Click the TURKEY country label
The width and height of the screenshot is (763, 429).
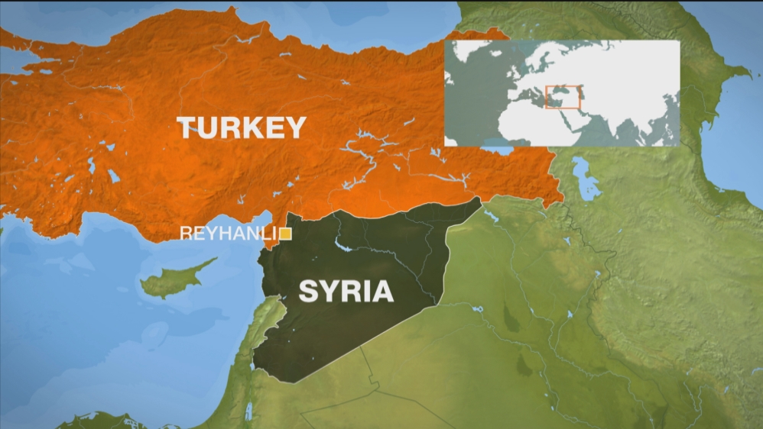[x=242, y=127]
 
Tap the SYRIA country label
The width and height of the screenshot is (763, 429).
[x=346, y=291]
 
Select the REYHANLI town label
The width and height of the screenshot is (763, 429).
[x=227, y=234]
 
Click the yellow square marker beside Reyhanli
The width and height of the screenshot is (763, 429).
[x=284, y=234]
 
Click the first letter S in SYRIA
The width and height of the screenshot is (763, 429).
[x=307, y=291]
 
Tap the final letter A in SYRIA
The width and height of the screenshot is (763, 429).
[x=382, y=291]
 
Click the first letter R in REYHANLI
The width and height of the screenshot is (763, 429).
[x=185, y=234]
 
